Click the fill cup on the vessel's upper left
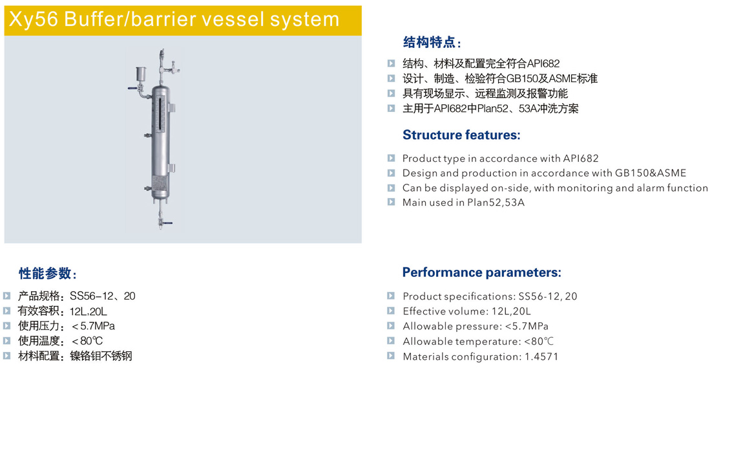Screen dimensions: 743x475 [x=141, y=74]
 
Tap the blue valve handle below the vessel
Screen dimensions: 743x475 [x=167, y=223]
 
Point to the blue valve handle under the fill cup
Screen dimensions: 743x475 [x=132, y=88]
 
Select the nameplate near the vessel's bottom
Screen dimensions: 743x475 [x=160, y=182]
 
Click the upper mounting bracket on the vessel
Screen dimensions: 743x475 [x=171, y=107]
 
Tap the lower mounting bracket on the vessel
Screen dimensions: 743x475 [x=171, y=168]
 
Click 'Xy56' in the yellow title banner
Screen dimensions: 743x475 [x=33, y=19]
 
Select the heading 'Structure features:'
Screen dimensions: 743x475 [x=461, y=135]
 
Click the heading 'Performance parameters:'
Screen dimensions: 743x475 [x=481, y=272]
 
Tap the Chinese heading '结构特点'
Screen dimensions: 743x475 [x=429, y=42]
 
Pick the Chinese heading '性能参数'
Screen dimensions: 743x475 [x=45, y=273]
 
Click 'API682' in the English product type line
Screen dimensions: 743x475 [x=580, y=158]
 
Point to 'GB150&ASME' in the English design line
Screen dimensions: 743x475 [x=650, y=173]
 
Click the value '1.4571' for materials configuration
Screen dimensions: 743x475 [x=541, y=357]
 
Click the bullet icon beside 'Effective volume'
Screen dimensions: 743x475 [x=391, y=311]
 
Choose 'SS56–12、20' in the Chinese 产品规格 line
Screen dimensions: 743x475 [x=102, y=296]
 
